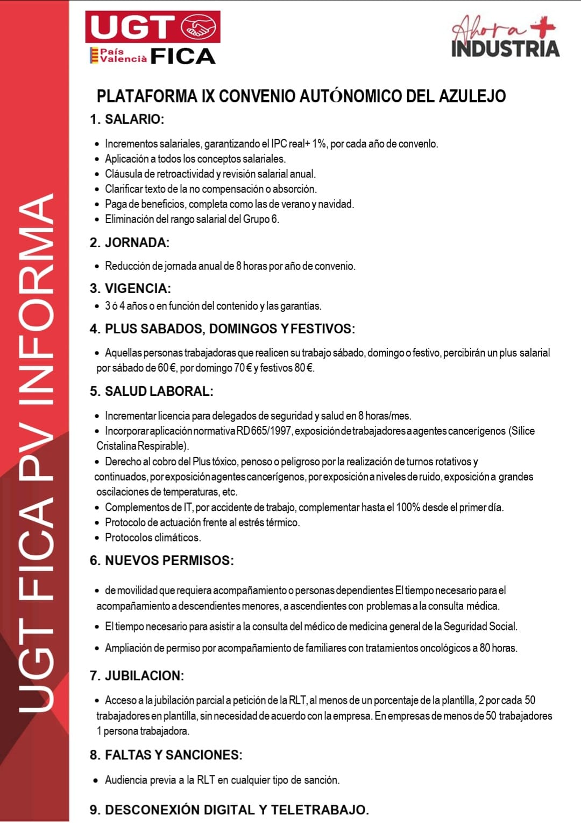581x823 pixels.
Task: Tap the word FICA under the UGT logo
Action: (x=183, y=56)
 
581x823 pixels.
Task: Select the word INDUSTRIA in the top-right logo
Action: (x=505, y=48)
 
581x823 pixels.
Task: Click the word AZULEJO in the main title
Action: (x=472, y=96)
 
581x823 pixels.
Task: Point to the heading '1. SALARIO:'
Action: (x=127, y=120)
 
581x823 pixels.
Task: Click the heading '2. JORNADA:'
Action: (x=130, y=242)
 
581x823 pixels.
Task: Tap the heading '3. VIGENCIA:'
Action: (x=130, y=288)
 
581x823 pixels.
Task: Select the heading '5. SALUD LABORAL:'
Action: (x=151, y=392)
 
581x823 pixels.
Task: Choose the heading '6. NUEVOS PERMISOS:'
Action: (x=161, y=561)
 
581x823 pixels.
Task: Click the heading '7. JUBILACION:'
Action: (x=137, y=676)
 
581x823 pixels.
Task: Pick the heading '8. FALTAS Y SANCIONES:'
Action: (x=166, y=755)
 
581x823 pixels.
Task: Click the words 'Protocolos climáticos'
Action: (x=153, y=538)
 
